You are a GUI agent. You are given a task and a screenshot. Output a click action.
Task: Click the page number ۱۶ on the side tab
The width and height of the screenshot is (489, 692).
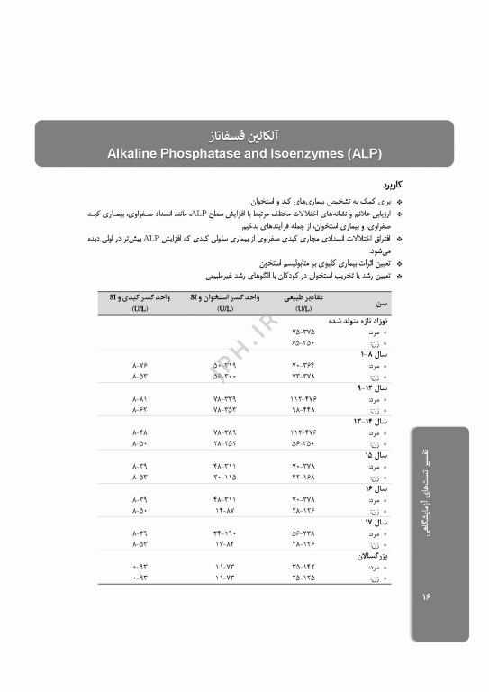427,596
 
